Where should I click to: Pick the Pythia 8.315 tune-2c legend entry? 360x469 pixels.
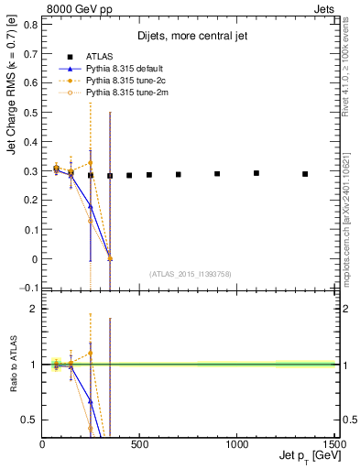click(x=122, y=81)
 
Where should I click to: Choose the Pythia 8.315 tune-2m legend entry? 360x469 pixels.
click(x=122, y=93)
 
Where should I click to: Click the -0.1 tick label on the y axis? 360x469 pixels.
click(x=27, y=289)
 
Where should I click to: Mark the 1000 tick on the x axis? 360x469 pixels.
click(x=236, y=444)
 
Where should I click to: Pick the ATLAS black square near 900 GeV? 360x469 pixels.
click(x=217, y=174)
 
